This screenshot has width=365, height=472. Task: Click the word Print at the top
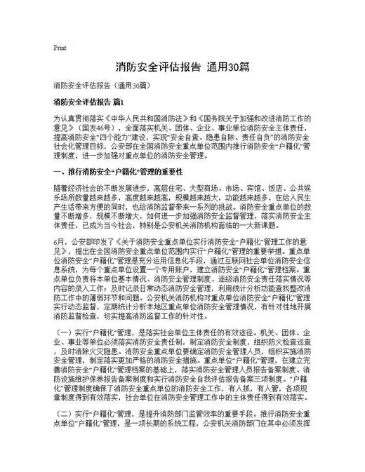click(x=59, y=48)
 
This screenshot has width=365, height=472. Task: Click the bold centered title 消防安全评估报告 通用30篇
click(x=182, y=68)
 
